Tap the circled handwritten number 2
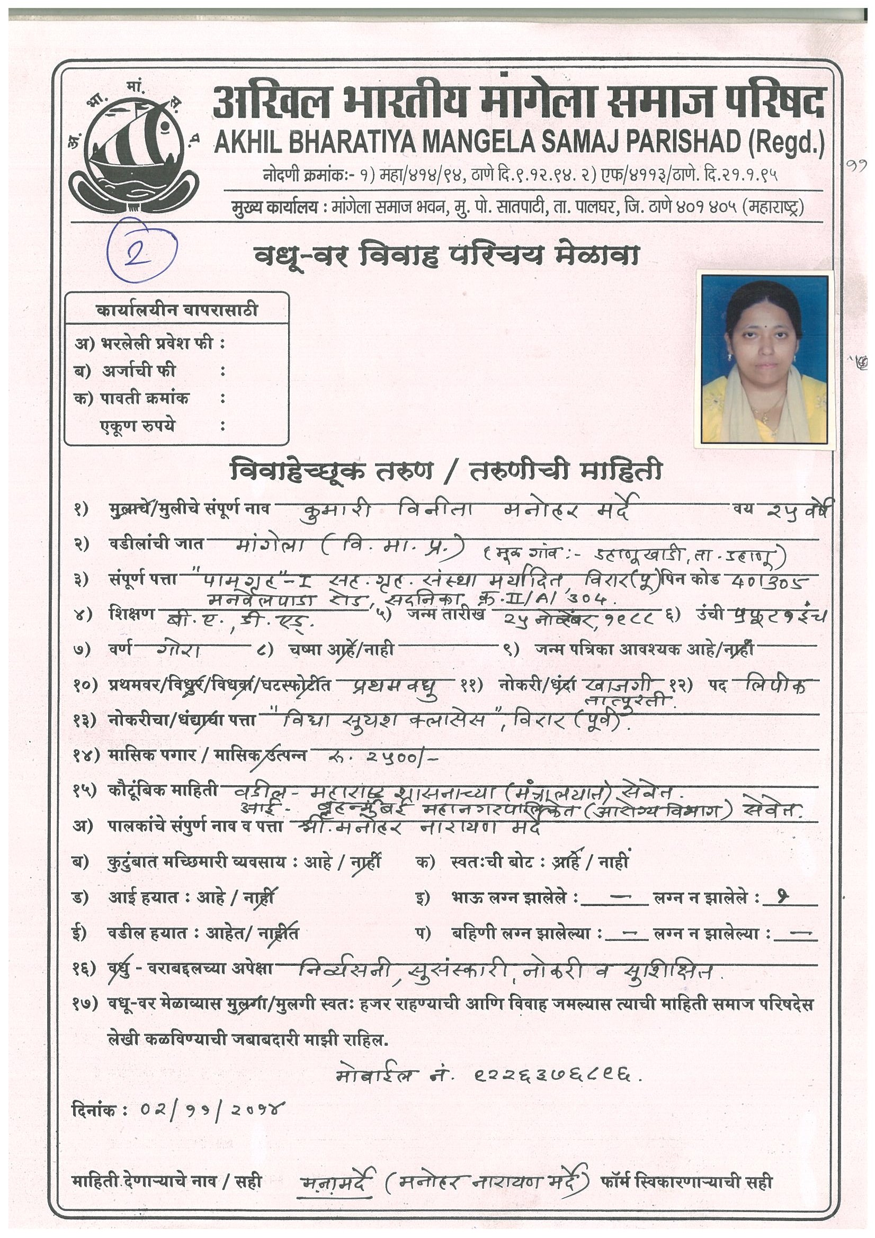142,249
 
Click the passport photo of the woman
765,360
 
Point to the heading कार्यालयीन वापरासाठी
176,310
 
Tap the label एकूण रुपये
138,426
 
